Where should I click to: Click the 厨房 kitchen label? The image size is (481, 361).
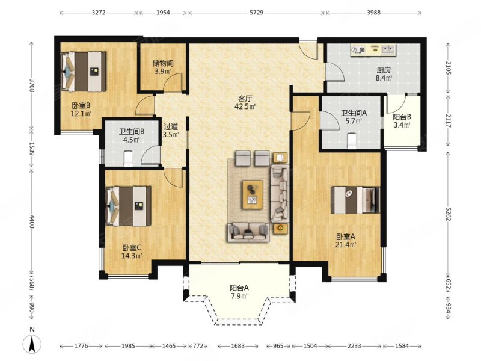point(384,70)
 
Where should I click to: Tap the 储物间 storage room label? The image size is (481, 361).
point(163,64)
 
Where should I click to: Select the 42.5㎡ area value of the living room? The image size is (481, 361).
point(245,106)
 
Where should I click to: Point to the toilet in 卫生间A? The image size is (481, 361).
point(351,141)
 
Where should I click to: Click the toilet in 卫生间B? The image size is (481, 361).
point(128,158)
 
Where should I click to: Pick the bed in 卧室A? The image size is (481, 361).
point(355,200)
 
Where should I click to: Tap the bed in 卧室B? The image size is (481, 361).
point(84,72)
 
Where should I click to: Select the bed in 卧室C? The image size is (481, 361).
point(128,206)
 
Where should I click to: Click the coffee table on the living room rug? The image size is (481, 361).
point(253,194)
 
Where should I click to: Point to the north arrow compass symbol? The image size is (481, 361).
point(32,344)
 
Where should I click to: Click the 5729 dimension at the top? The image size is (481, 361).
point(257,13)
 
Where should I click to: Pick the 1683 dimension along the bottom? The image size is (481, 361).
point(237,346)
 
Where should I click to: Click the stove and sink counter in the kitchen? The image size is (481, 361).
point(373,50)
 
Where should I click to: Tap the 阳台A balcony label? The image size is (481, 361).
point(239,288)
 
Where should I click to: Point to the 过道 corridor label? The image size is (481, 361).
point(171,126)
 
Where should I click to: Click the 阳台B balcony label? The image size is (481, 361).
point(402,117)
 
